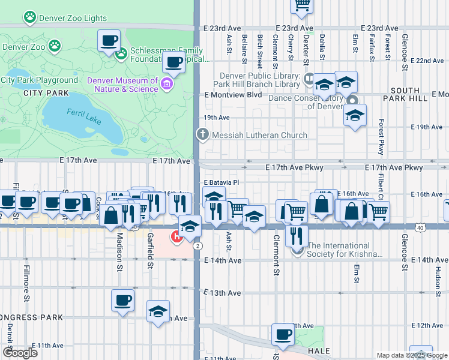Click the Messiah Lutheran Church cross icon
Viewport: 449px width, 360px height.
(203, 135)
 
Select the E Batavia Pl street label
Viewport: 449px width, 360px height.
(221, 182)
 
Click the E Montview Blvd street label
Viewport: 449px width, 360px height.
(233, 95)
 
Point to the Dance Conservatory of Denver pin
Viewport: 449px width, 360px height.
(353, 101)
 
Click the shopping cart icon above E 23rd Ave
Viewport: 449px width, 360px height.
(302, 5)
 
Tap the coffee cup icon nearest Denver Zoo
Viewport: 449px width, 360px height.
(109, 41)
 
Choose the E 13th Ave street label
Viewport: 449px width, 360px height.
(222, 293)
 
